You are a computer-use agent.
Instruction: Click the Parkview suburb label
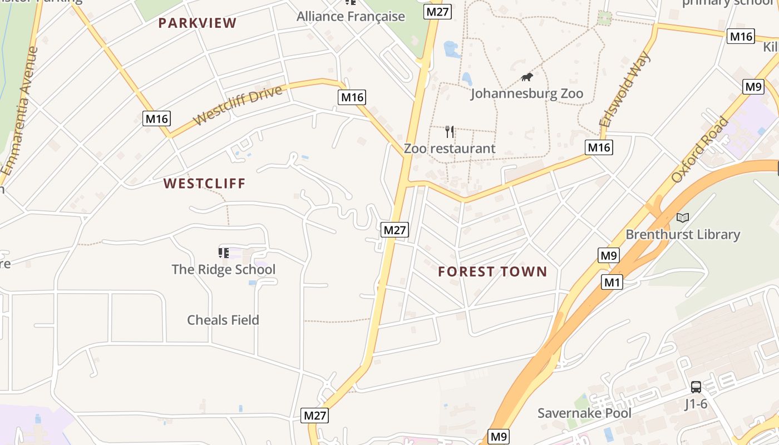(198, 23)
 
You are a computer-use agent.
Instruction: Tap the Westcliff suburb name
(204, 184)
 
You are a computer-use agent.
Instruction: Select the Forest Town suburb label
(492, 271)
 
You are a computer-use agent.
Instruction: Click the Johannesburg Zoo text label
(527, 93)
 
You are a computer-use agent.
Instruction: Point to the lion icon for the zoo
(526, 77)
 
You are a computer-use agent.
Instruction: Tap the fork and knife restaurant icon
(450, 132)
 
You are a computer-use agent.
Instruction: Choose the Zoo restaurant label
(449, 149)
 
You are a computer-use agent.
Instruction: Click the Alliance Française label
(351, 16)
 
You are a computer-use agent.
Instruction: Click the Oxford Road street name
(699, 149)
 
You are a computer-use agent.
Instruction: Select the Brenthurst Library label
(683, 234)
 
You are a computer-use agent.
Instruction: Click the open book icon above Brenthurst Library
(683, 217)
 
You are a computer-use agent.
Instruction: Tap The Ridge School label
(223, 269)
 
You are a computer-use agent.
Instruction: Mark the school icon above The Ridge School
(224, 253)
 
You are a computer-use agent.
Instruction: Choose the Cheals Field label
(223, 320)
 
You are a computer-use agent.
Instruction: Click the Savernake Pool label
(584, 413)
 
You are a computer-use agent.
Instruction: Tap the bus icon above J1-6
(696, 387)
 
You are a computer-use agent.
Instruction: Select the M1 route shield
(612, 283)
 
